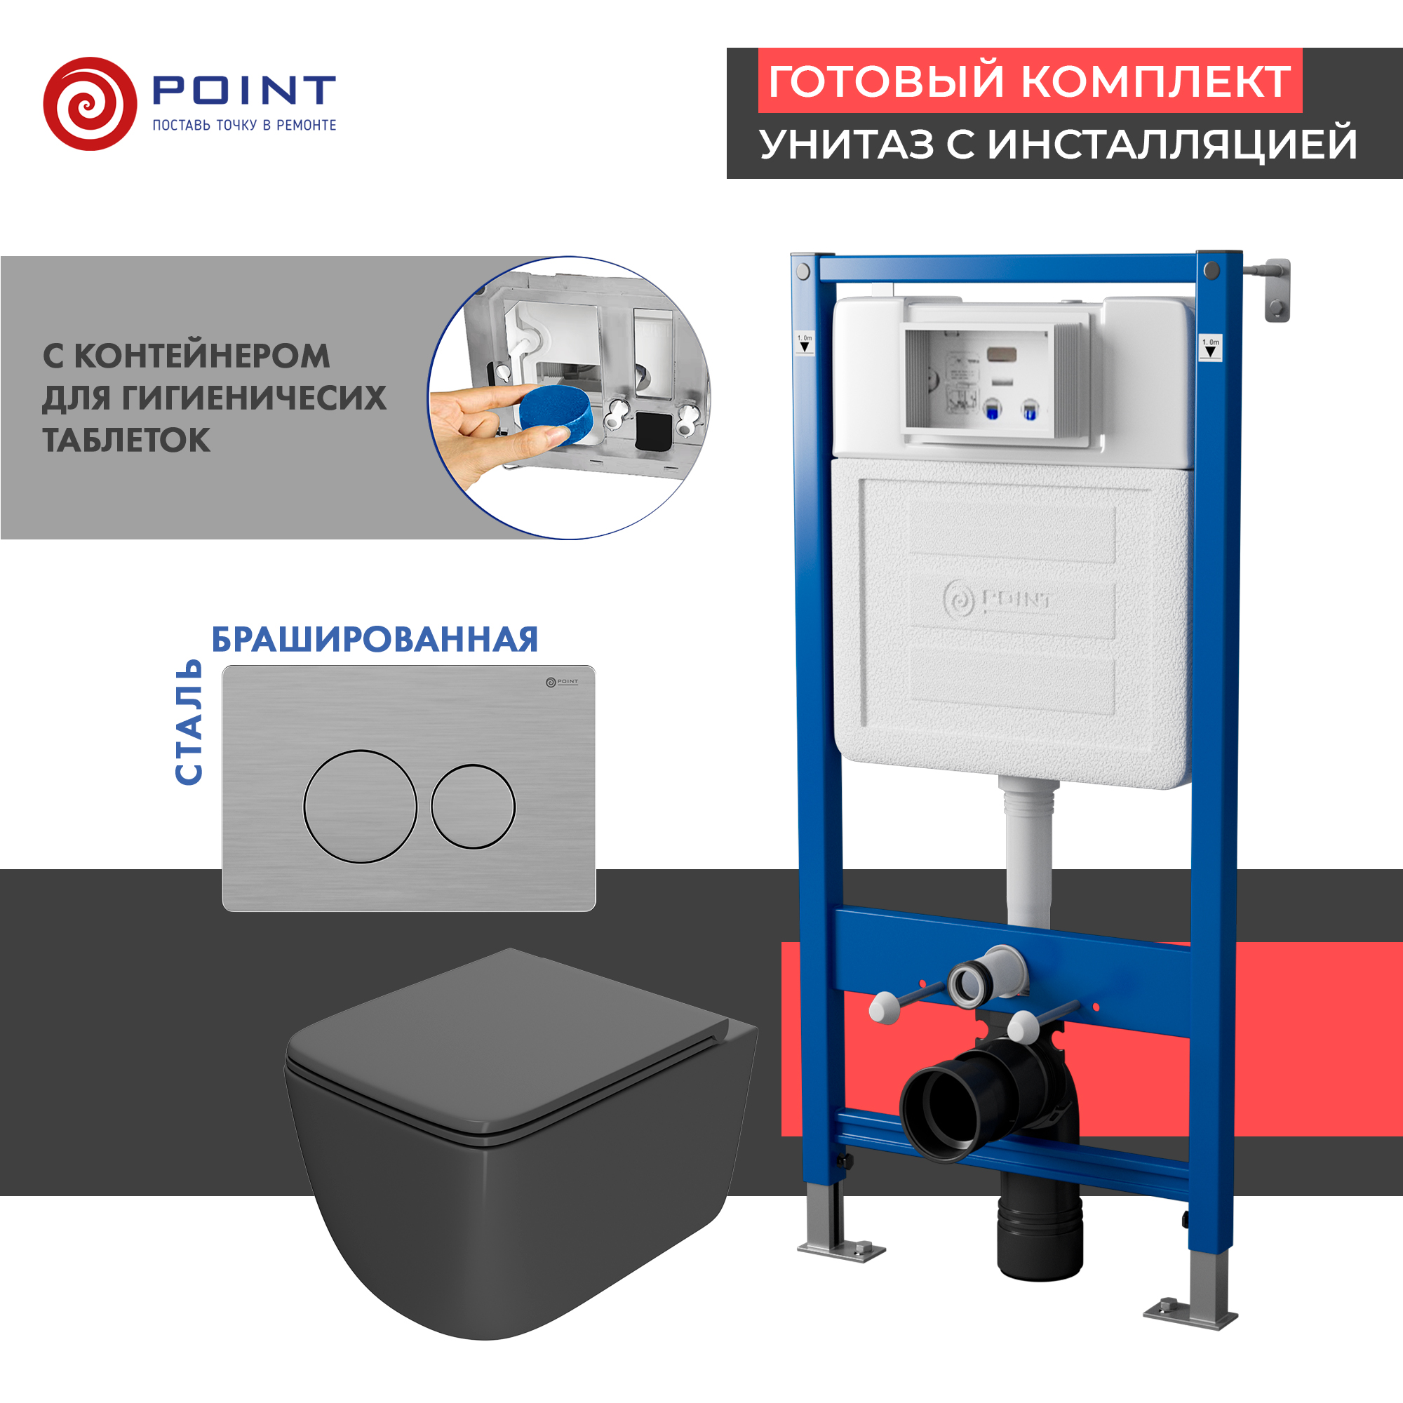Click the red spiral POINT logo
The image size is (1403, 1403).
click(89, 104)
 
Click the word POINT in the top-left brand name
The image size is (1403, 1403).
click(243, 90)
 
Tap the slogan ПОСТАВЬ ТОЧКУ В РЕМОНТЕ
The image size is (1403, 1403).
click(244, 125)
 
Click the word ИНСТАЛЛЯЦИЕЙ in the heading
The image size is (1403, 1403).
click(1172, 144)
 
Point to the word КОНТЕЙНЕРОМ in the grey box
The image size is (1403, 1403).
click(202, 356)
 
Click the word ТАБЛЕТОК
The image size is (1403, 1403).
click(126, 440)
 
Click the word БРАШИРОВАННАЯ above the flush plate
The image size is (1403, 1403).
click(375, 640)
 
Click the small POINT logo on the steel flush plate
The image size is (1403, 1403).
click(562, 682)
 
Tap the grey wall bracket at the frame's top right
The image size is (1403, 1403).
click(1277, 289)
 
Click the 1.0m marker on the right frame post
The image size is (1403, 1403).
click(1210, 347)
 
